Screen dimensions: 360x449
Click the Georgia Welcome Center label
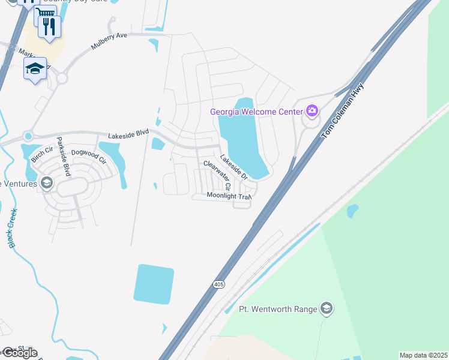(x=256, y=112)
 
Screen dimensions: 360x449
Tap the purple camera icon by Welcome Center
(x=312, y=111)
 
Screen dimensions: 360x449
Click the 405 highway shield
(x=217, y=286)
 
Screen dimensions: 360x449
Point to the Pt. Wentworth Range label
(x=278, y=309)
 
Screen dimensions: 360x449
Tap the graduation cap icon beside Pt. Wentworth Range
(x=327, y=309)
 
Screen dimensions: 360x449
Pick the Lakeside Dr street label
(x=234, y=167)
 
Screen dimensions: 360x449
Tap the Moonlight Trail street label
(x=228, y=196)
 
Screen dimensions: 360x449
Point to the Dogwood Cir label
(x=89, y=157)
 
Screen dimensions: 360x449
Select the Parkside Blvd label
(x=64, y=154)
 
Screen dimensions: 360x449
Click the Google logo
(x=19, y=353)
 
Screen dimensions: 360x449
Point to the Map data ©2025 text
(x=423, y=355)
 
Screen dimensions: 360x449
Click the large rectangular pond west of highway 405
(x=154, y=284)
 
